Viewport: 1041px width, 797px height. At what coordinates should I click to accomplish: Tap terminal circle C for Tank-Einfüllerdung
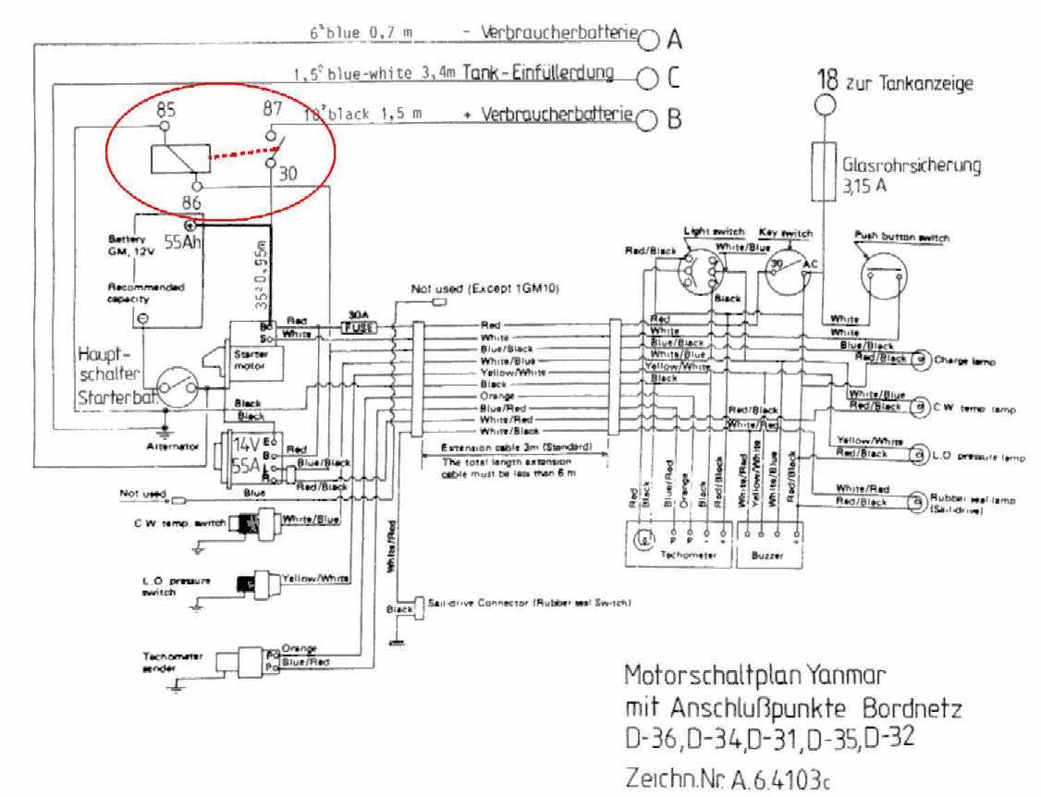pos(649,78)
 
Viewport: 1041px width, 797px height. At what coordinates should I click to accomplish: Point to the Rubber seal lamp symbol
pos(917,501)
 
